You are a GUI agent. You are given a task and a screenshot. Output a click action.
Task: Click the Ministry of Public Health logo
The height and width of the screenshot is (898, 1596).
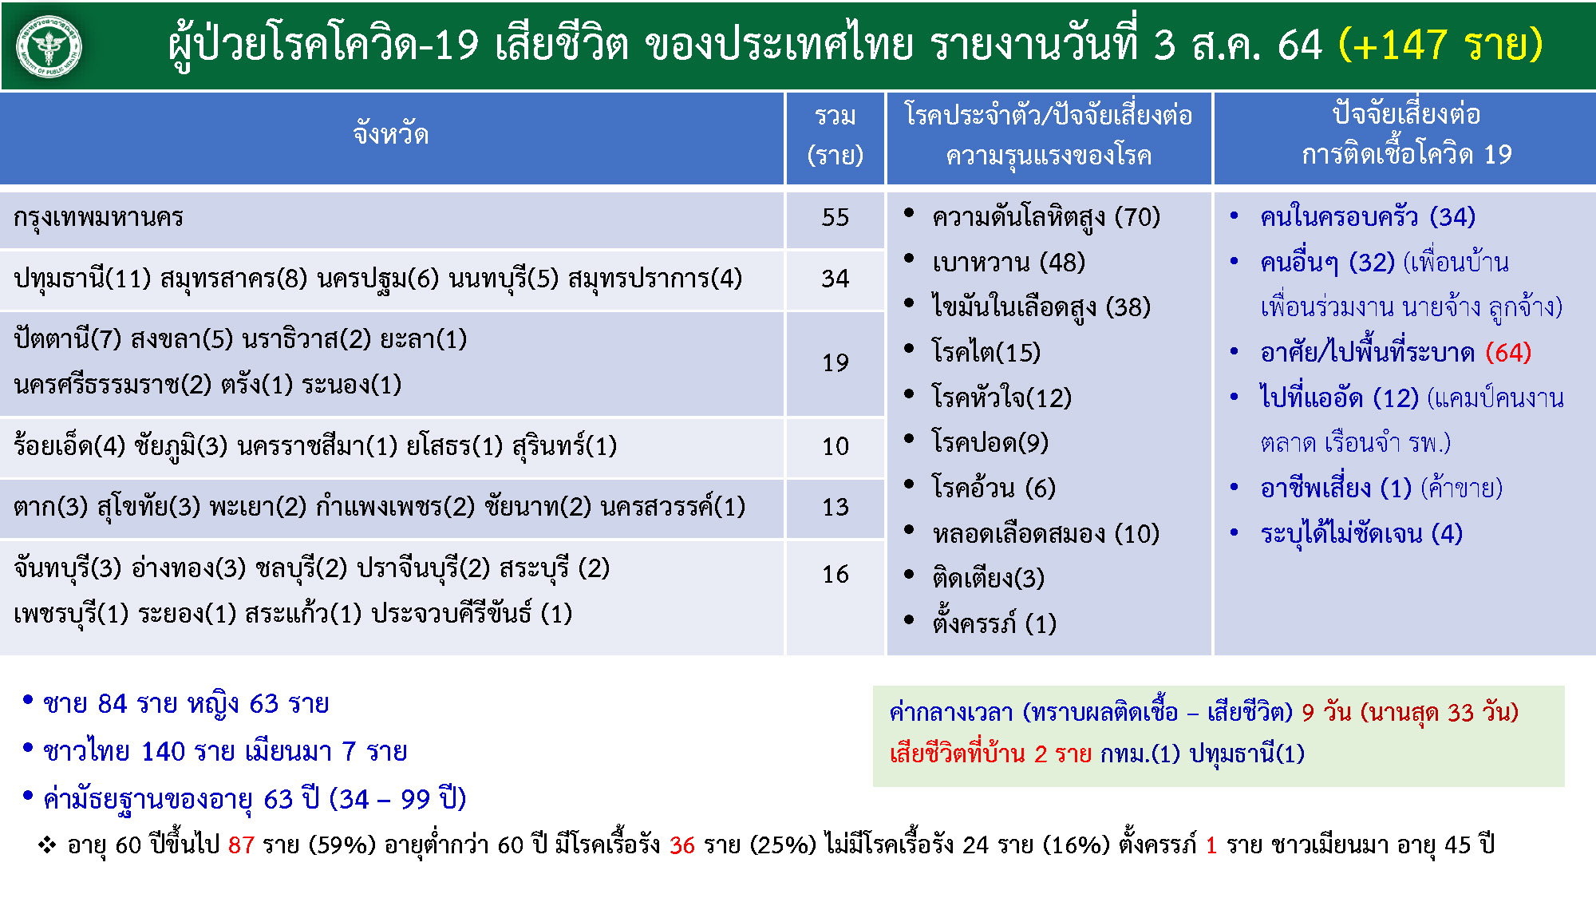tap(49, 46)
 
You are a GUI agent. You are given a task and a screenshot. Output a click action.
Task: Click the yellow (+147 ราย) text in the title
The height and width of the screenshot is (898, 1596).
tap(1440, 44)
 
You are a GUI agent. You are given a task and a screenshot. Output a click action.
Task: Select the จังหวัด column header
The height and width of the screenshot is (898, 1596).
tap(391, 133)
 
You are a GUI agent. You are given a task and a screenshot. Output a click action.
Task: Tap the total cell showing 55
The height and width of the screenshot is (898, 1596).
tap(836, 217)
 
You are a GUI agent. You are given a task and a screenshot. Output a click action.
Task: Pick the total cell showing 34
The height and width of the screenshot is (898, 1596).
tap(836, 278)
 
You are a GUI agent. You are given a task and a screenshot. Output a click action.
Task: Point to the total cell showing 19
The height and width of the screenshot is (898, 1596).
tap(836, 362)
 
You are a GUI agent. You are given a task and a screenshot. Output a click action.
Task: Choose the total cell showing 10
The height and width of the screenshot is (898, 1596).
tap(836, 445)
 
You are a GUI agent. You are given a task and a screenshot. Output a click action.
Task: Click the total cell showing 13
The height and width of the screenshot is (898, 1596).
tap(836, 507)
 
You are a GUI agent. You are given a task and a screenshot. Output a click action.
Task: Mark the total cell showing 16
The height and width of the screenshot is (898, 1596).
tap(836, 574)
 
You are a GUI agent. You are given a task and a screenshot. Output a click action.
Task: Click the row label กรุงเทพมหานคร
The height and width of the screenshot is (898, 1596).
tap(99, 217)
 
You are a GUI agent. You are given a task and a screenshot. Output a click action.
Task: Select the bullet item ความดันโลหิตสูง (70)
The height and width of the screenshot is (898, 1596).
tap(1046, 217)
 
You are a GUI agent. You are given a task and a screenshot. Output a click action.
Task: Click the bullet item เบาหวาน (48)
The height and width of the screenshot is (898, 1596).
tap(1009, 263)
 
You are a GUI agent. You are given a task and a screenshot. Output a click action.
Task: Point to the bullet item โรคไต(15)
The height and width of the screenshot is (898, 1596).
tap(986, 352)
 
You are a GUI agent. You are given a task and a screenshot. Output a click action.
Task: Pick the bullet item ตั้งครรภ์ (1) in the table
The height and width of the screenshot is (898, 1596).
tap(994, 622)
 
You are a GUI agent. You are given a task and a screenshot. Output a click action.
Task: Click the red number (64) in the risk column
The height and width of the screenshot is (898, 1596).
tap(1508, 352)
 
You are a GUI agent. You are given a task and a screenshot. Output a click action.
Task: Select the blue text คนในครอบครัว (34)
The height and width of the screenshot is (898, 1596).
tap(1368, 217)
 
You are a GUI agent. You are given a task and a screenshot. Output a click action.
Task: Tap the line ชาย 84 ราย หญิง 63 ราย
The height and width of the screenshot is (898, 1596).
tap(186, 703)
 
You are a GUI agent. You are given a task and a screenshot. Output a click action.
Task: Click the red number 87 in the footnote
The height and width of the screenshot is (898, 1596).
tap(241, 845)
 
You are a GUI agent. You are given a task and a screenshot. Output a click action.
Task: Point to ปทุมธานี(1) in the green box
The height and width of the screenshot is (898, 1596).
tap(1247, 754)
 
